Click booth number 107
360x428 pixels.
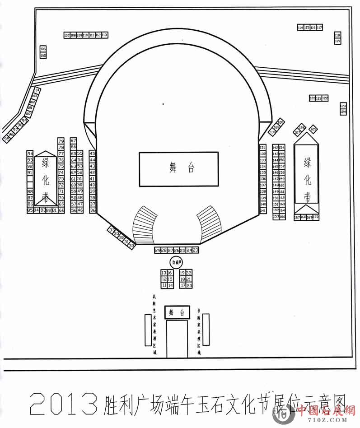tap(67, 35)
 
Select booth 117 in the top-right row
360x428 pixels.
tap(320, 28)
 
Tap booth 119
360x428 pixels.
tap(337, 41)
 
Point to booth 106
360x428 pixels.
tap(43, 49)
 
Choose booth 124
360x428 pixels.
tap(343, 112)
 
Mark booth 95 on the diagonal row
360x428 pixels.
tap(7, 139)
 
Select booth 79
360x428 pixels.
tap(61, 141)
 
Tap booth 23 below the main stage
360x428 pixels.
tap(196, 250)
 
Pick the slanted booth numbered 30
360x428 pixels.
tap(131, 246)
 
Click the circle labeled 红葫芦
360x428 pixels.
tap(176, 262)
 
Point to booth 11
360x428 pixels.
tap(164, 285)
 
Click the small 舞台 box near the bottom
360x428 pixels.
tap(177, 312)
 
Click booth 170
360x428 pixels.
tap(316, 217)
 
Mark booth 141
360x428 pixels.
tap(263, 210)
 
